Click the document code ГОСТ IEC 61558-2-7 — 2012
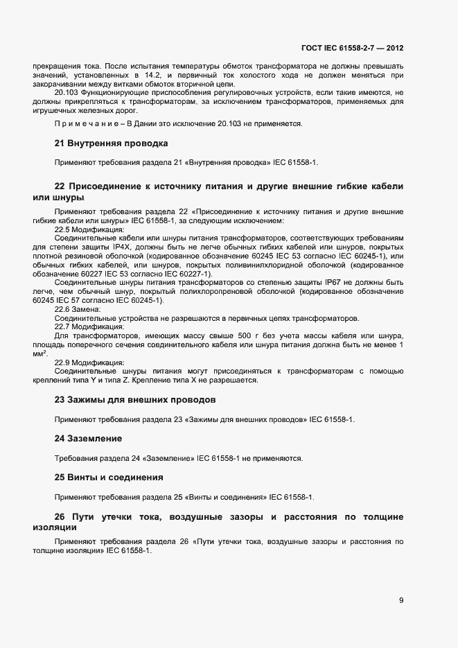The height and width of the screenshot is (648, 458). tap(352, 49)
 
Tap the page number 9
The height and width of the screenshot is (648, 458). tap(401, 600)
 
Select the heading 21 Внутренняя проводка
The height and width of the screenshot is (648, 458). tap(111, 143)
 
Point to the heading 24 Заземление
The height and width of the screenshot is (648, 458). tap(88, 439)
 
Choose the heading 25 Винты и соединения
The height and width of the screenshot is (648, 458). tap(109, 478)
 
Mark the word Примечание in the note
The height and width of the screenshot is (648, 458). tap(81, 123)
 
